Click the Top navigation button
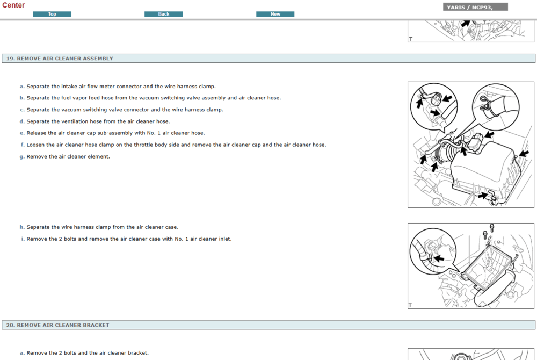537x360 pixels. pos(52,14)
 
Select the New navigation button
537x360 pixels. pos(275,14)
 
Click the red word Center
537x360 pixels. pos(13,5)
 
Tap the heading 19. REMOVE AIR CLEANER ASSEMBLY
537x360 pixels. pos(60,59)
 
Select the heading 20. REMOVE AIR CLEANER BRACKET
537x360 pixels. pos(57,325)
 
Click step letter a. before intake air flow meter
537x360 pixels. pos(22,87)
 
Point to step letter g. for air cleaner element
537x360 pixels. pos(22,156)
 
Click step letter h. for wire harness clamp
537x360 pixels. pos(22,227)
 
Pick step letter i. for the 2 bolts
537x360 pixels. pos(23,239)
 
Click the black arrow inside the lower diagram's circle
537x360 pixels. pos(439,258)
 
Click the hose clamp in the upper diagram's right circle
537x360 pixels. pos(485,105)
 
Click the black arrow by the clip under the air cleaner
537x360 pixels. pos(483,196)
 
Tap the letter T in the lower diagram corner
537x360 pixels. pos(410,305)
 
